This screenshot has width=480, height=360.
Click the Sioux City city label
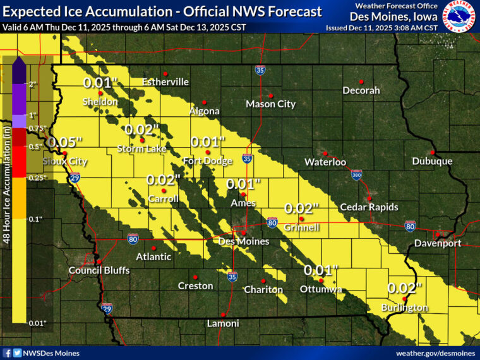pos(64,161)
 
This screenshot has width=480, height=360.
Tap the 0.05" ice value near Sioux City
pos(65,142)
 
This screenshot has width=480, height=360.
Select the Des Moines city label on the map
pos(244,241)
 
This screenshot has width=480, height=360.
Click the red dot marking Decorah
pos(361,81)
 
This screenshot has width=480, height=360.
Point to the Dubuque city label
pos(433,161)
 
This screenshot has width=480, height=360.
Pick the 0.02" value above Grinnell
pos(302,208)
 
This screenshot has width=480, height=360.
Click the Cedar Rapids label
pos(369,207)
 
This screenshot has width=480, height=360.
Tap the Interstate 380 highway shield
pos(357,173)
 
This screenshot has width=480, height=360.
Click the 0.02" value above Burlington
pos(404,288)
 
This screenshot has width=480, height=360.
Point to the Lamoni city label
pos(223,323)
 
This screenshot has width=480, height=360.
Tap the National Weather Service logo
pos(459,17)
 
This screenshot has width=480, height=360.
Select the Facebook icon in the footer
pos(7,353)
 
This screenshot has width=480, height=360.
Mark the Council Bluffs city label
pos(99,270)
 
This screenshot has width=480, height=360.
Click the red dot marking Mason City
pos(270,95)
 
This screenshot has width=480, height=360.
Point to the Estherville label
pos(165,82)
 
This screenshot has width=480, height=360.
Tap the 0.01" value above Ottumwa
pos(321,270)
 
